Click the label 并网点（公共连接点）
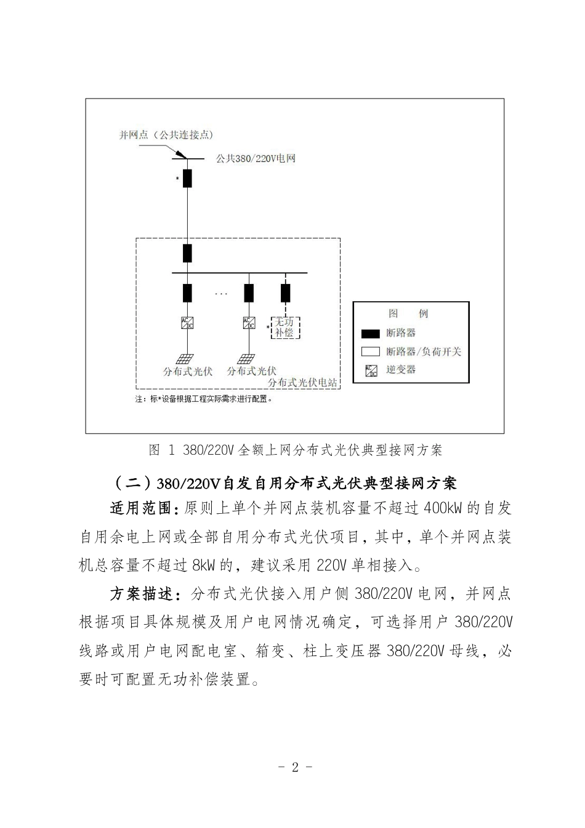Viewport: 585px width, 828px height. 166,135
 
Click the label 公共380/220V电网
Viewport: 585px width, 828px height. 256,159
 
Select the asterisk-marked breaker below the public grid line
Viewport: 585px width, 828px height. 187,178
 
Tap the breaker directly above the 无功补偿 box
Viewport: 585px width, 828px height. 286,293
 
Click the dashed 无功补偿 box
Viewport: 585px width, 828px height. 285,327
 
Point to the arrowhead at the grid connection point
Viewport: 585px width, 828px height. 182,155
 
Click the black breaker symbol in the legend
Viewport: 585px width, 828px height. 370,333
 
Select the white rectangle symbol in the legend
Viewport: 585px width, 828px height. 370,352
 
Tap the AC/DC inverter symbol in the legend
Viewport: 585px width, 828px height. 371,370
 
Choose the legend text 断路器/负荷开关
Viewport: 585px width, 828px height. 424,352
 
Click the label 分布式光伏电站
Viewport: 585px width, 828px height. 302,383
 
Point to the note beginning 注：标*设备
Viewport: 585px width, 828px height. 203,399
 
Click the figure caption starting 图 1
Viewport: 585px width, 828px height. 296,450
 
